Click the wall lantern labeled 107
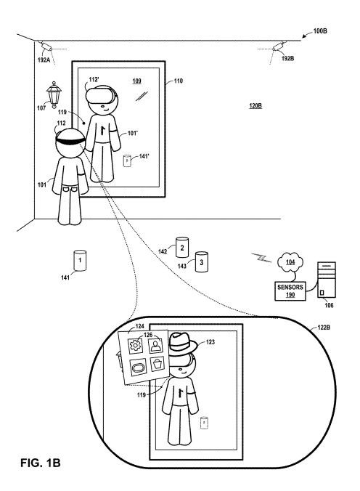click(x=54, y=94)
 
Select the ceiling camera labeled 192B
click(x=279, y=46)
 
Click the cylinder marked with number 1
click(x=80, y=260)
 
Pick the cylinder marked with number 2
click(x=182, y=248)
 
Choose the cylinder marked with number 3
click(x=202, y=261)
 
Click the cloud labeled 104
click(x=290, y=261)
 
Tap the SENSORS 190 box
click(x=290, y=291)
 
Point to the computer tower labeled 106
click(x=327, y=280)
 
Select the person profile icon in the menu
click(x=155, y=346)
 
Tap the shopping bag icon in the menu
click(x=157, y=365)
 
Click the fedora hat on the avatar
click(x=182, y=344)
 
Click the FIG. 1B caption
click(x=41, y=463)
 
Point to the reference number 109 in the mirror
click(x=136, y=81)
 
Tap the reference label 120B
click(x=255, y=106)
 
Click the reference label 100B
click(x=320, y=31)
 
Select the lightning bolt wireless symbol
click(x=262, y=257)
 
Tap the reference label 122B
click(x=324, y=328)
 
